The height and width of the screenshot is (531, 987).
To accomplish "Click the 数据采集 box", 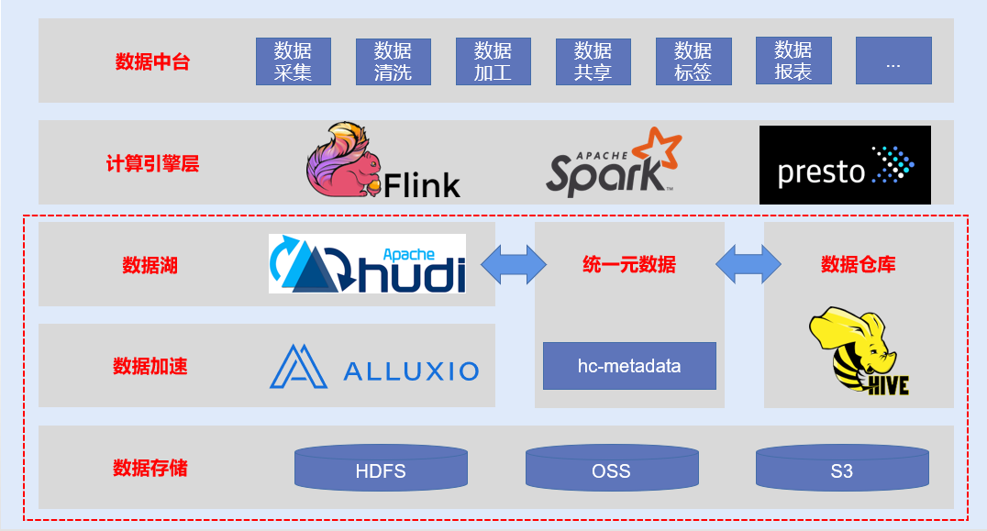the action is (294, 61).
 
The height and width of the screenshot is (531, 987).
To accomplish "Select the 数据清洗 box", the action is (394, 61).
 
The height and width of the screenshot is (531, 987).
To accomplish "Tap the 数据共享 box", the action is (593, 61).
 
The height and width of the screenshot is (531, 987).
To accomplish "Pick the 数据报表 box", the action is (793, 61).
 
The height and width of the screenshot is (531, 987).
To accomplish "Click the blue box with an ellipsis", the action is (893, 61).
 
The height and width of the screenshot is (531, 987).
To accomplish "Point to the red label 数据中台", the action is (152, 61).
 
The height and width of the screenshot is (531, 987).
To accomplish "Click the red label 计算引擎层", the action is (152, 163).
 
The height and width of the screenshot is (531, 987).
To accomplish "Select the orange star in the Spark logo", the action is (657, 149).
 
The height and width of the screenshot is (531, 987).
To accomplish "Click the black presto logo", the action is (845, 165).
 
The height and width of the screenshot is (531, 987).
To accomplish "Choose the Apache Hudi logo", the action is (367, 263).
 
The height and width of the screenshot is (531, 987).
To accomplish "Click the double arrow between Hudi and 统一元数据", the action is (514, 264).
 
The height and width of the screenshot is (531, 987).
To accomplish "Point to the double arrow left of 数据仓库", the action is (749, 264).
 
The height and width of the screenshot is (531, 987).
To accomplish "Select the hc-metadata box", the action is (629, 366).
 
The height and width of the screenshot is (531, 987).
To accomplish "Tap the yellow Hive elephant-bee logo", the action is (859, 351).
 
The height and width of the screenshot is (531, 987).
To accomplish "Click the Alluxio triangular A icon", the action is (298, 366).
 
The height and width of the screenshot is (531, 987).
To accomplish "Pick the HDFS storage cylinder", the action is (381, 468).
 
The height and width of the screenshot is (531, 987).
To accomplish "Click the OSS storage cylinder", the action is (612, 468).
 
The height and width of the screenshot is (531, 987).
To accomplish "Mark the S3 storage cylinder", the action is (842, 468).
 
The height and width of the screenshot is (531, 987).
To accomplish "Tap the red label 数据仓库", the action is (858, 264).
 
